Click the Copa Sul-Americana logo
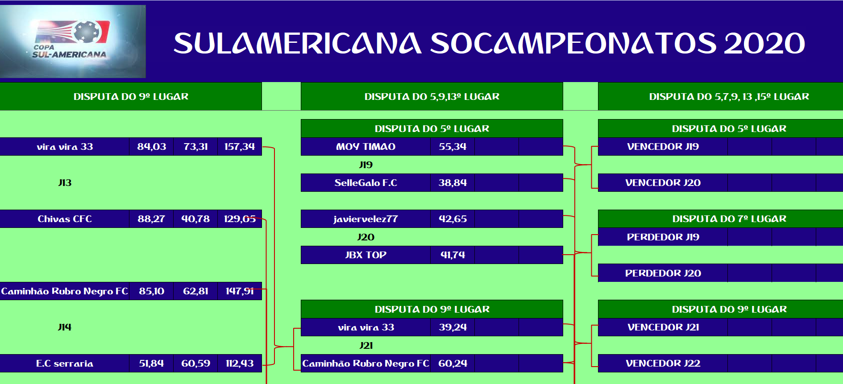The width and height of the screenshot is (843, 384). click(x=73, y=41)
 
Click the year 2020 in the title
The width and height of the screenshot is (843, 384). click(x=764, y=43)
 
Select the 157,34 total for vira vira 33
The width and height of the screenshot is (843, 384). click(x=240, y=147)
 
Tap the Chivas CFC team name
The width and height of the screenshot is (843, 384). click(x=65, y=219)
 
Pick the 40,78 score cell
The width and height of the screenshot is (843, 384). click(x=195, y=219)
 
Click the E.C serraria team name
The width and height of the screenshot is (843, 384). click(x=65, y=363)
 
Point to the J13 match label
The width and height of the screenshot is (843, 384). click(x=65, y=183)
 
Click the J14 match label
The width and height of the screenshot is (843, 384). click(x=65, y=327)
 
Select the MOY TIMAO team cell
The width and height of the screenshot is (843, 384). click(x=366, y=147)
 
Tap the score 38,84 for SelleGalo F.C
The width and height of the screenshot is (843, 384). click(x=453, y=183)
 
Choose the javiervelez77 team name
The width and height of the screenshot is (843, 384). click(x=366, y=219)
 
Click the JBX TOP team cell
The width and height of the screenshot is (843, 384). click(x=366, y=255)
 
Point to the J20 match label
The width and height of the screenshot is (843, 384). click(x=366, y=237)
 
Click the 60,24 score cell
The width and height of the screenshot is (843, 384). click(x=453, y=363)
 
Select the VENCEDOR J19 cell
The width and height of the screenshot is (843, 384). click(x=663, y=147)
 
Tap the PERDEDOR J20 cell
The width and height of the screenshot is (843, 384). click(x=663, y=273)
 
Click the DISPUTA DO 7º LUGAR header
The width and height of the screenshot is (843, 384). click(x=729, y=219)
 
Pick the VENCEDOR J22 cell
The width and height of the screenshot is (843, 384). click(x=663, y=363)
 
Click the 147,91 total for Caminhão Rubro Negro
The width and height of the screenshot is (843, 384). click(x=240, y=291)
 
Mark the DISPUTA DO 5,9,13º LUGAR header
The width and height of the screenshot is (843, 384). click(x=432, y=96)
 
